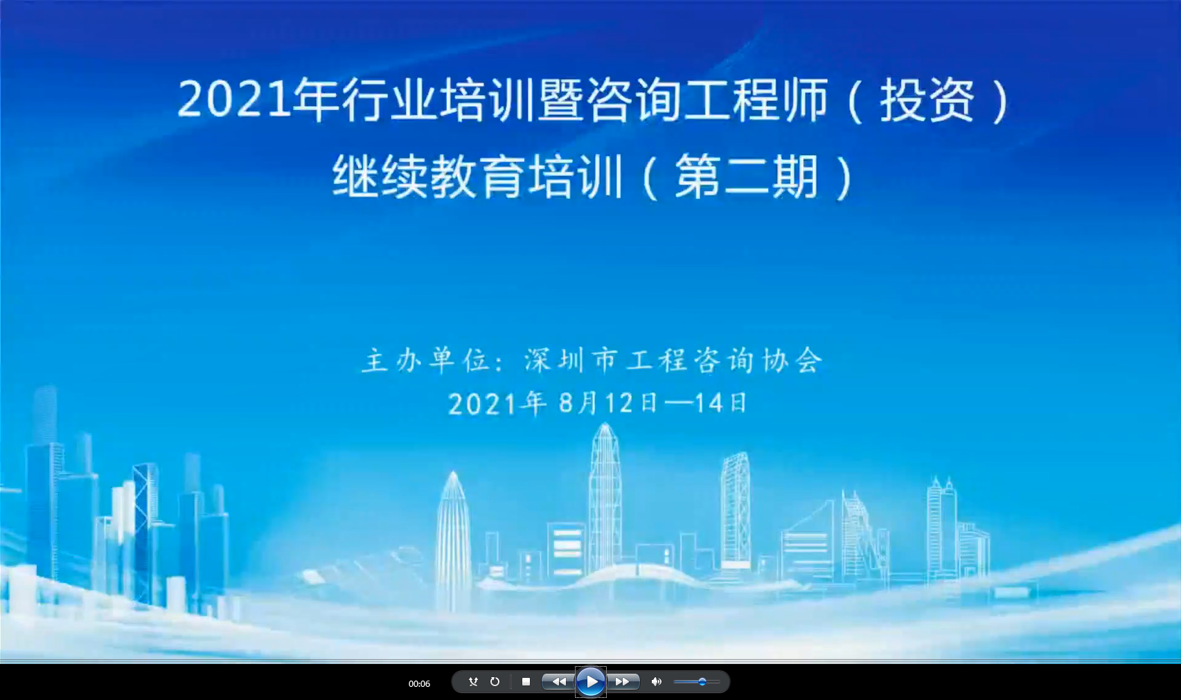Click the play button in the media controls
(590, 681)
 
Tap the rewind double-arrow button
(558, 681)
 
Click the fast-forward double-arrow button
(623, 681)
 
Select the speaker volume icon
(657, 681)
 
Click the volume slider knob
(702, 681)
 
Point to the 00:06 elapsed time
(419, 683)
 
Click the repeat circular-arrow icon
(495, 681)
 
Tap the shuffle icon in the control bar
(473, 681)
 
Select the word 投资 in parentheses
(927, 100)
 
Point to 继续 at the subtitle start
(380, 177)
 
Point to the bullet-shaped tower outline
(453, 542)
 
